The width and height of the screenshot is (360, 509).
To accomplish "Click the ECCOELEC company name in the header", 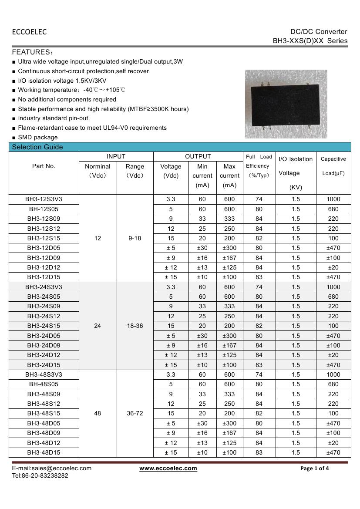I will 29,32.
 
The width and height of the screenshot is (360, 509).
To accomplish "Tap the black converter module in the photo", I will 286,104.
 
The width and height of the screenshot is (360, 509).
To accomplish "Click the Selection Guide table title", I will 37,147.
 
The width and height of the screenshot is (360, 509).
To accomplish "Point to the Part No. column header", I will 44,166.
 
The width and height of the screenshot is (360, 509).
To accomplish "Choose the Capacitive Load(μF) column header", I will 333,166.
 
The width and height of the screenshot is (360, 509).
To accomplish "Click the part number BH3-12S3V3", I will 44,199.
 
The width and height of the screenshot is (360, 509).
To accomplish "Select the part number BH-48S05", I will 44,384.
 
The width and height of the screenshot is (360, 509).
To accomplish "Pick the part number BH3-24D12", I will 44,355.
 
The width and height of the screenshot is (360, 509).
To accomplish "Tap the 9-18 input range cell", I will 135,238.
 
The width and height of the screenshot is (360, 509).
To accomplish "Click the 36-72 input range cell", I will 135,414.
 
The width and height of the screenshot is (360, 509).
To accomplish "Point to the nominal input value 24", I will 98,326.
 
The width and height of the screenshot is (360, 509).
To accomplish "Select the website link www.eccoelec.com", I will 168,469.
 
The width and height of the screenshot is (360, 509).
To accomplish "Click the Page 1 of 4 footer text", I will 315,469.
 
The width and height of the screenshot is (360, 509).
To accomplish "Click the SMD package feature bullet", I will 37,138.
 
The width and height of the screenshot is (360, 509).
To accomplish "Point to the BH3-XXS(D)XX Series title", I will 310,41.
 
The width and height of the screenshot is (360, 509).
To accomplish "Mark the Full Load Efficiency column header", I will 259,166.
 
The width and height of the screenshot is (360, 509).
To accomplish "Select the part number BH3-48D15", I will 44,453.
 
